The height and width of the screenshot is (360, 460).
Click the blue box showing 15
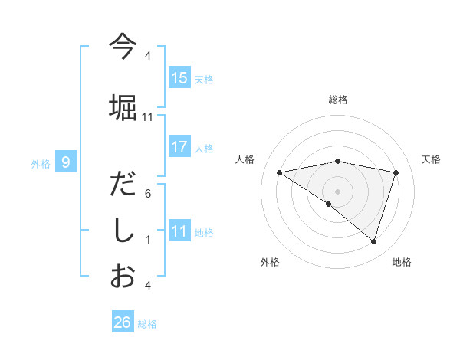point(179,78)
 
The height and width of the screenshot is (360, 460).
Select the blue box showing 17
point(179,147)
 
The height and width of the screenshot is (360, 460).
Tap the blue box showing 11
point(179,231)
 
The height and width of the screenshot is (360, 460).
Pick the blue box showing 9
point(66,162)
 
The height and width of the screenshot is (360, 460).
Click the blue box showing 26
point(123,322)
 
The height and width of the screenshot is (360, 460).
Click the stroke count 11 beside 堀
point(148,116)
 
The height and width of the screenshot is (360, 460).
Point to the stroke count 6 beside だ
point(148,193)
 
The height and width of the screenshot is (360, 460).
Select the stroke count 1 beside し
point(148,239)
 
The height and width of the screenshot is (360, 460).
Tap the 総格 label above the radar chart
point(338,100)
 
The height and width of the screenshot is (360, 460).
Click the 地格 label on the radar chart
point(402,262)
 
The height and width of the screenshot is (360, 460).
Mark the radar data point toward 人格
point(279,172)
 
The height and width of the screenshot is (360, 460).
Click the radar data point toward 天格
point(396,172)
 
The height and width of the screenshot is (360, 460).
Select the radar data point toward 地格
point(373,241)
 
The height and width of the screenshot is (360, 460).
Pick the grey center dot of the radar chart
point(337,191)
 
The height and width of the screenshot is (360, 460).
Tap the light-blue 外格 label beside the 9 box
point(40,163)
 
